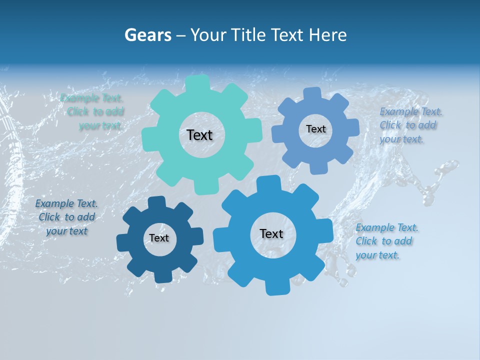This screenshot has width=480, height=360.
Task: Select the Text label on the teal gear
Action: point(199,135)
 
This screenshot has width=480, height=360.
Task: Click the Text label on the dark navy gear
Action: point(159,238)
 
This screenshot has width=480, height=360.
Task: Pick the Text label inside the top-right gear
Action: point(315,129)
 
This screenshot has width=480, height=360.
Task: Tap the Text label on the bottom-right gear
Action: point(271,233)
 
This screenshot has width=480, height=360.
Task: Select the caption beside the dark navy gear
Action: point(66,217)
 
